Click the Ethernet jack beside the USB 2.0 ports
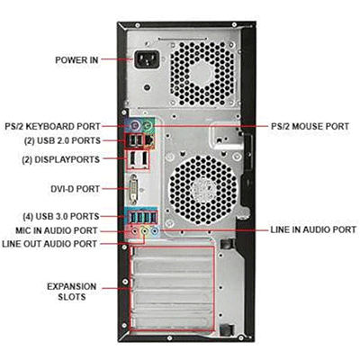coord(149,141)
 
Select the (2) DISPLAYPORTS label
coord(61,159)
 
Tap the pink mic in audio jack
coord(135,230)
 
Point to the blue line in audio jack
coord(155,230)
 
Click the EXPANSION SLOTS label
coord(72,291)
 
